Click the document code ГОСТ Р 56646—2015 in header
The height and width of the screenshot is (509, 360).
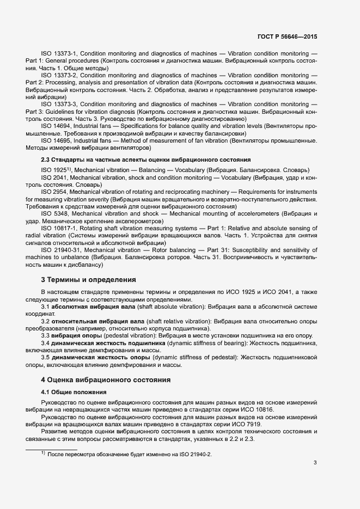tap(288, 37)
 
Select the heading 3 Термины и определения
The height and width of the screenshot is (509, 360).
tap(89, 280)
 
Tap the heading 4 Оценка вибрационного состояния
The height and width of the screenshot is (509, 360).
tap(106, 379)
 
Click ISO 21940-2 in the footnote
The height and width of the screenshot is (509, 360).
tap(191, 453)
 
